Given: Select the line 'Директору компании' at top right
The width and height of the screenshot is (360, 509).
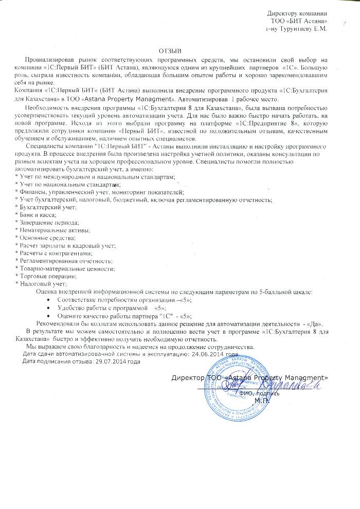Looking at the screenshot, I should click(298, 12).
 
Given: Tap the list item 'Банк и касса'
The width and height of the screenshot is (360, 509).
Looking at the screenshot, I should click(37, 214).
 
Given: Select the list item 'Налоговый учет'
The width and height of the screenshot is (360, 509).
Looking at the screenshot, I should click(42, 284).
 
